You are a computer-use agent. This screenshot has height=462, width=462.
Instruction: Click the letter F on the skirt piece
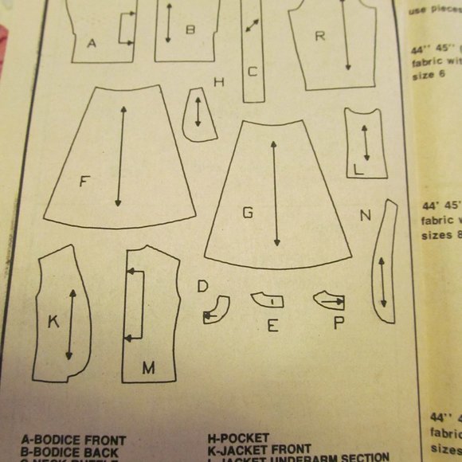tap(84, 182)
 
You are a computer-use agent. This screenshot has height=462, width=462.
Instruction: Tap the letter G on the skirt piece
tap(248, 213)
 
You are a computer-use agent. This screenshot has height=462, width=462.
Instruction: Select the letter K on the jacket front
tap(53, 322)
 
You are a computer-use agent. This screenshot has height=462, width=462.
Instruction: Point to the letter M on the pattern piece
tap(148, 367)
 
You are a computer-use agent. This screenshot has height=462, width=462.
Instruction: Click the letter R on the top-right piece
tap(319, 36)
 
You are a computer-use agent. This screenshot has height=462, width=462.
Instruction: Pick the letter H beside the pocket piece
tap(218, 82)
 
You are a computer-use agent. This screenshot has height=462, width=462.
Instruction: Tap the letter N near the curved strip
tap(365, 215)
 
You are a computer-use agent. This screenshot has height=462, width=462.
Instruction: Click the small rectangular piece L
tap(365, 143)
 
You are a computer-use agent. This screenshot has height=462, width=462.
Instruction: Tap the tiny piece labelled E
tap(267, 300)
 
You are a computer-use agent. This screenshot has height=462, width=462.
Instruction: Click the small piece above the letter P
tap(329, 300)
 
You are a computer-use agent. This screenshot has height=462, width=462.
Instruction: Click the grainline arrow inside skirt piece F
tap(121, 155)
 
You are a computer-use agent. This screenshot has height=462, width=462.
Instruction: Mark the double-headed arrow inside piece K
tap(72, 324)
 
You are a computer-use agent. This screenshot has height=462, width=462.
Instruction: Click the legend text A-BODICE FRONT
tap(73, 440)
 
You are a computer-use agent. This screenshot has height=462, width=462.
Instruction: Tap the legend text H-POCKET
tap(238, 438)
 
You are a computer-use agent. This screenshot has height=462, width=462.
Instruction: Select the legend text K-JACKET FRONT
tap(259, 449)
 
